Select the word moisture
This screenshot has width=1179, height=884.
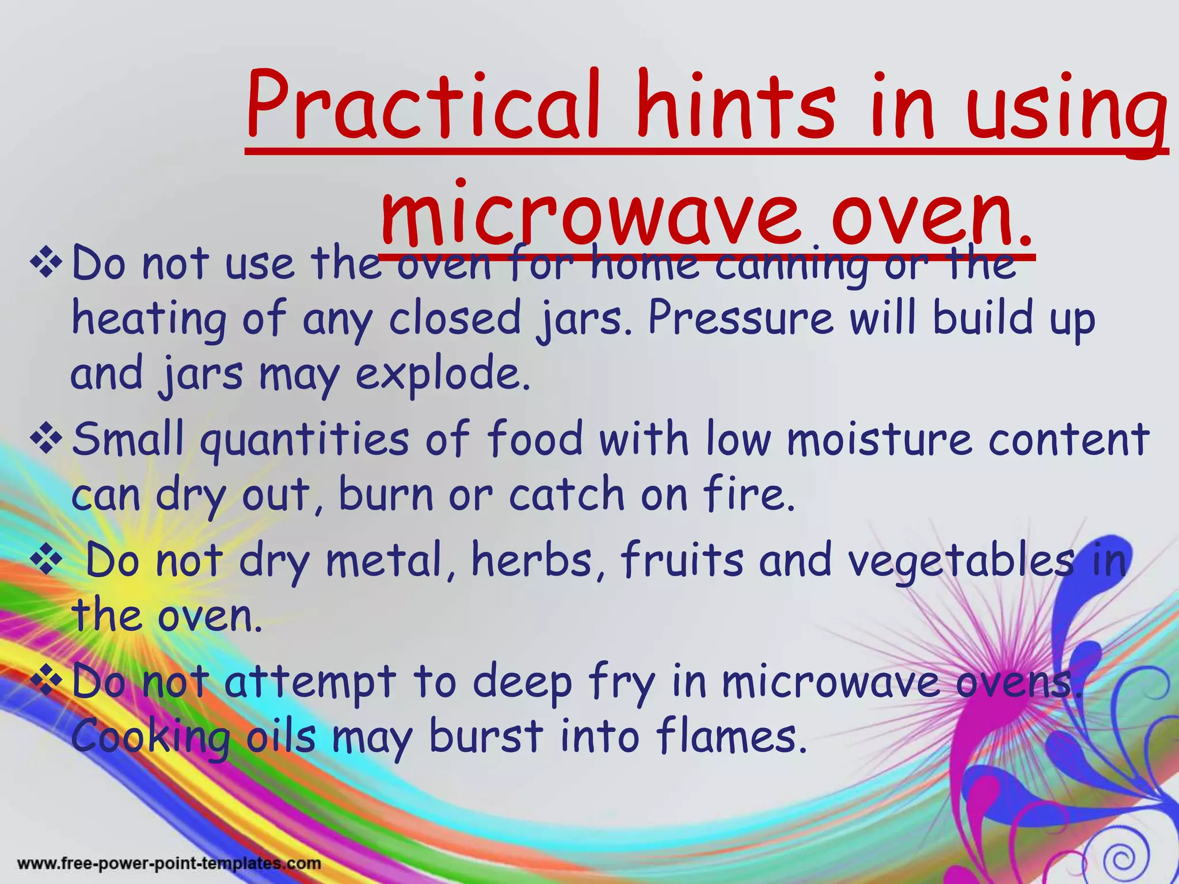pos(880,439)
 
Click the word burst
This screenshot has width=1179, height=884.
pos(486,737)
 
